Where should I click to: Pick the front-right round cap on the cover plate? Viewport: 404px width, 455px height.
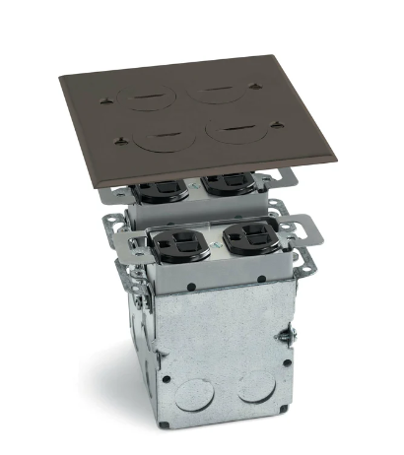(236, 129)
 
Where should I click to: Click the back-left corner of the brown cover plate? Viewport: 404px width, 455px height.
(62, 75)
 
